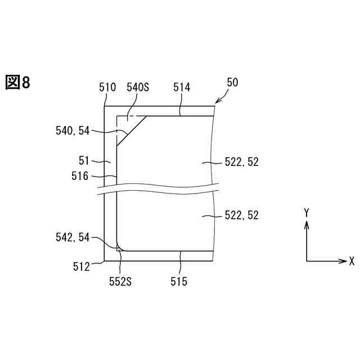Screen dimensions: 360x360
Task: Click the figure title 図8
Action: click(17, 83)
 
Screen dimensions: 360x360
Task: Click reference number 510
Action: click(107, 87)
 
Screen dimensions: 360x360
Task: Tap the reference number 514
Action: click(182, 87)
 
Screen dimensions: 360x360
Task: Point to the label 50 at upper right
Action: click(232, 82)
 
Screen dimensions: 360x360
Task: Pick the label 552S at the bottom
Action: click(120, 281)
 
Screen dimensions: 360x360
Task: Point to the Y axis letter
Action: click(307, 212)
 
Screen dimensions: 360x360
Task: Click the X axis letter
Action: click(352, 261)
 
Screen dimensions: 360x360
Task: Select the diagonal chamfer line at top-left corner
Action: click(132, 130)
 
